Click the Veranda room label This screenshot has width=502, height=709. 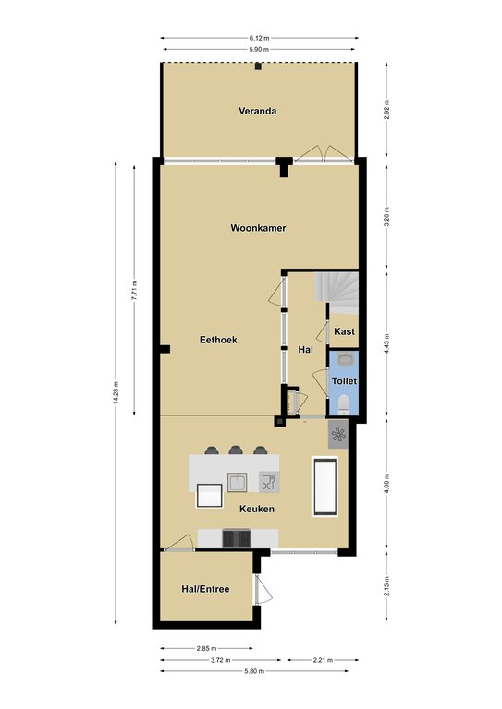pos(258,111)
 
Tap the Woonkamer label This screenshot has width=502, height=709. pos(258,228)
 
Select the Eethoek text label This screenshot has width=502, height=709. pos(218,340)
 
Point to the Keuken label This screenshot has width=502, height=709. pos(257,509)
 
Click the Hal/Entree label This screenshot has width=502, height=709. pos(205,589)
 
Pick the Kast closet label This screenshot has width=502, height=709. pos(345,331)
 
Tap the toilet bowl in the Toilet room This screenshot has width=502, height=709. pos(344,403)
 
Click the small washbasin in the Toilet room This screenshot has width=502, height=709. pos(344,360)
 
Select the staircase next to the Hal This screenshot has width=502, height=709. pos(337,293)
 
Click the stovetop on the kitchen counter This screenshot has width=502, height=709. pos(237,538)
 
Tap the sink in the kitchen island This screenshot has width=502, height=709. pos(237,482)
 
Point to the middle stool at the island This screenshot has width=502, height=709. pos(236,451)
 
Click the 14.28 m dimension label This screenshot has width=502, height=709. pos(116,393)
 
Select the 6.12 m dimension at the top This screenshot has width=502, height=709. pos(259,38)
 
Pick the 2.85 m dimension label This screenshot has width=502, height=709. pos(206,648)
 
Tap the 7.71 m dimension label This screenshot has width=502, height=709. pos(134,291)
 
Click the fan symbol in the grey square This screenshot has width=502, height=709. pos(338,435)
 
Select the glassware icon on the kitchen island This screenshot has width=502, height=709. pos(269,482)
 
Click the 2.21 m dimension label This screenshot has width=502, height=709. pos(323,660)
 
